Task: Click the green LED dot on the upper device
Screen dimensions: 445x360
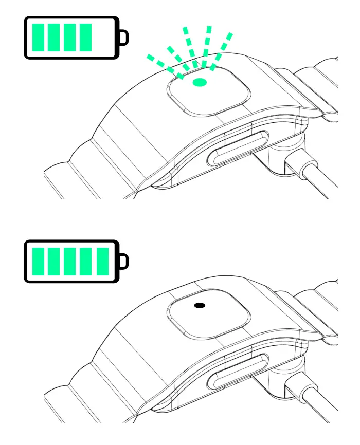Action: tap(199, 82)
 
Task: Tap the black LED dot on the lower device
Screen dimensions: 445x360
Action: tap(200, 305)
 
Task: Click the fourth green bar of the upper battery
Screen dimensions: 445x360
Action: tap(85, 38)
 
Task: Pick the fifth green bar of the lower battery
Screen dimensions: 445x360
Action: tap(103, 261)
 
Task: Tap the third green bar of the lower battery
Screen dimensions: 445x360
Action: tap(70, 261)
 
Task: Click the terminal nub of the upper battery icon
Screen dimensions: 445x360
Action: tap(123, 38)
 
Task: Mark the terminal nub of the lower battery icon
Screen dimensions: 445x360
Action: tap(123, 261)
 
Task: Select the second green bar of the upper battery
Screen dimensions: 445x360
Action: tap(54, 38)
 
